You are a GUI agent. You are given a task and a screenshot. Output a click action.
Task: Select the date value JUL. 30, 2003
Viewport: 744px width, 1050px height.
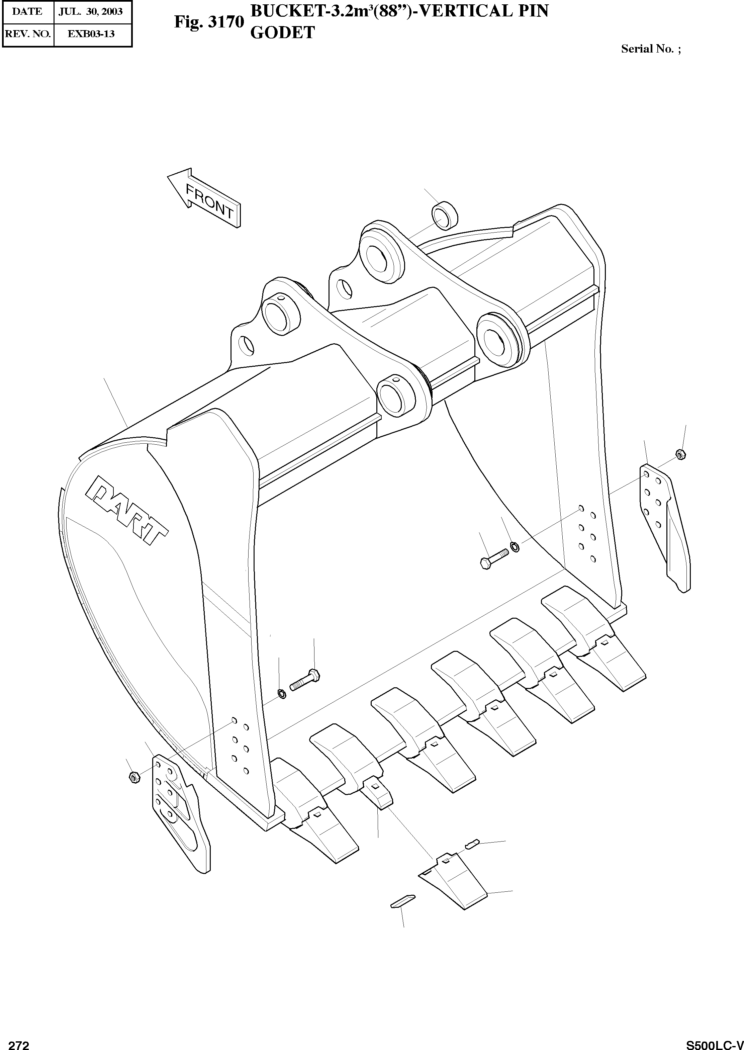pos(91,11)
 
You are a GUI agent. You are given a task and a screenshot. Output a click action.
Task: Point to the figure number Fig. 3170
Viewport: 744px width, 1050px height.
pos(209,22)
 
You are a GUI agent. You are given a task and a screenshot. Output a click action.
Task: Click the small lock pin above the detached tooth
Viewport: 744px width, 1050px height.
pos(472,843)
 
